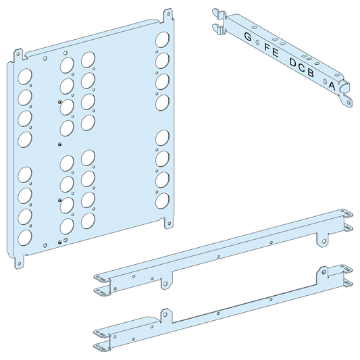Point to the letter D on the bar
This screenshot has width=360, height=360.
click(x=293, y=63)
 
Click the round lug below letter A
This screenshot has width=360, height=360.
click(x=349, y=100)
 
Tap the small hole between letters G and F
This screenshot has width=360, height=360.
click(x=257, y=42)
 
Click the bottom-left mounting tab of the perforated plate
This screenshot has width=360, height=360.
click(x=20, y=260)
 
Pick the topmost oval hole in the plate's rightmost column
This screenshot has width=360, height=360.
click(x=162, y=38)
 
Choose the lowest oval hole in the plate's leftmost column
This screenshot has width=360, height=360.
click(x=25, y=238)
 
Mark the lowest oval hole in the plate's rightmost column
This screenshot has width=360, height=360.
click(x=162, y=201)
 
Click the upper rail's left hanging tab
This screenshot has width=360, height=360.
click(x=164, y=284)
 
